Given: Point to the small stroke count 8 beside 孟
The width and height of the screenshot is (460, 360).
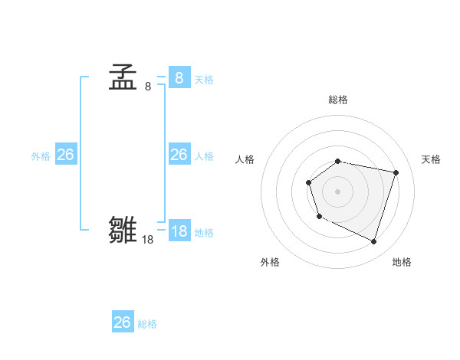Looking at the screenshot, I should coord(147,87).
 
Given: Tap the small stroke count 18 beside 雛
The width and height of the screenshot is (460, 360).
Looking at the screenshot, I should coord(147,240).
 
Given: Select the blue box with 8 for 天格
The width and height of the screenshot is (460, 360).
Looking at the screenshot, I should coord(179,78).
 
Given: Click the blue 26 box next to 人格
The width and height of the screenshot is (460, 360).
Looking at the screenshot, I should coord(179,155).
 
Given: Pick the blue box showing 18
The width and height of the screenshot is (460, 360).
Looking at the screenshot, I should coord(179,231).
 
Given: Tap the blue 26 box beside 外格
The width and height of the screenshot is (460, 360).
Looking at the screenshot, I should coord(65,155).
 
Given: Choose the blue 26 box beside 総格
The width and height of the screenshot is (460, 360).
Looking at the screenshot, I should coord(122,322).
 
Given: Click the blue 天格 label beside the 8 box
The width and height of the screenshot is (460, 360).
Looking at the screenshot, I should coord(204,80).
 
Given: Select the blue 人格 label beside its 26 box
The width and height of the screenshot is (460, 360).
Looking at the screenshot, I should coord(204,156).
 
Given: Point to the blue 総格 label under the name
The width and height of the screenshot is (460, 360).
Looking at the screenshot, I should coord(147,324).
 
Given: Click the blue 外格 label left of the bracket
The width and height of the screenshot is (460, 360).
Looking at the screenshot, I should coord(41,156).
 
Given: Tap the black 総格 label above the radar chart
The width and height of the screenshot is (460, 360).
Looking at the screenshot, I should coord(338,100).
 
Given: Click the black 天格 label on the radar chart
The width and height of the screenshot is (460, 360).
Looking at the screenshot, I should coord(432,159).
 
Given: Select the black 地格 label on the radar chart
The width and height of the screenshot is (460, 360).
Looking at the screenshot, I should coord(402,263).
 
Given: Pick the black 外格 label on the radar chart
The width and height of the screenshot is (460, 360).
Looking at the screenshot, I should coord(270,263).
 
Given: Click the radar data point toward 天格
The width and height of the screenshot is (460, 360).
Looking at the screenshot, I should coord(396,173).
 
